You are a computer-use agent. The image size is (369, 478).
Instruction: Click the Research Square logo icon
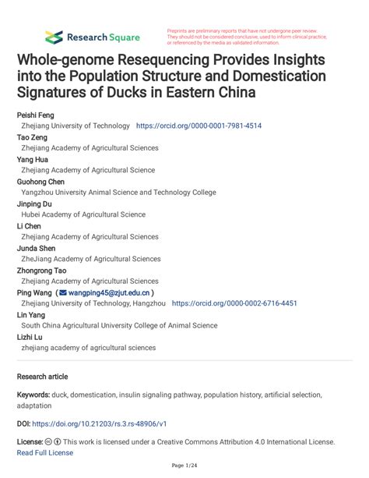point(53,37)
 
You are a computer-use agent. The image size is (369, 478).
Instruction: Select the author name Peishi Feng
point(36,115)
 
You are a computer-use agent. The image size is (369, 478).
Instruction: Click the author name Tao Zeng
point(33,136)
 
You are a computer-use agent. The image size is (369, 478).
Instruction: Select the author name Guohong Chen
point(41,181)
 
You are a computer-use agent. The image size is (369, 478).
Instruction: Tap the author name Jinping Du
point(37,204)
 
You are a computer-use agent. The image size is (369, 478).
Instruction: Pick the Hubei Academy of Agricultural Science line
point(83,214)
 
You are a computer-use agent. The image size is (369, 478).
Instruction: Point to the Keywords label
point(36,395)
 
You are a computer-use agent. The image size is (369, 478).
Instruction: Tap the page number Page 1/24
point(184,466)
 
